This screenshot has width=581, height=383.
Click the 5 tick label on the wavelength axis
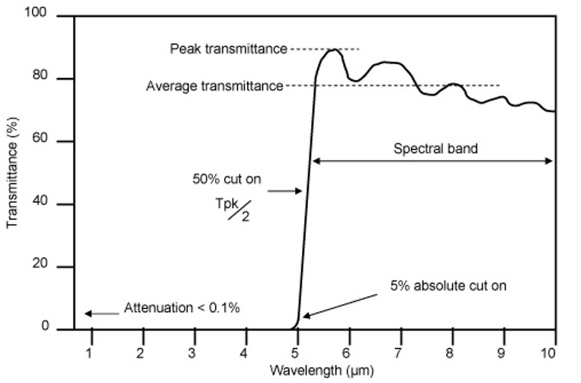coord(297,352)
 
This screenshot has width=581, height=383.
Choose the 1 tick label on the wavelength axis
coord(90,352)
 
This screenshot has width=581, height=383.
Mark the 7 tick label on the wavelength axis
coord(399,352)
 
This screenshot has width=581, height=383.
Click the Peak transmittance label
coord(228,50)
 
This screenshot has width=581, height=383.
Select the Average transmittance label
coord(214,86)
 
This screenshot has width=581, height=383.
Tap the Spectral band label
coord(435,149)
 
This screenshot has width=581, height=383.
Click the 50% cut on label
coord(227,182)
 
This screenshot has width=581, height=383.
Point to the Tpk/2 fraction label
coord(238,211)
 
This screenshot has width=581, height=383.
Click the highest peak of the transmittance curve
coord(334,50)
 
